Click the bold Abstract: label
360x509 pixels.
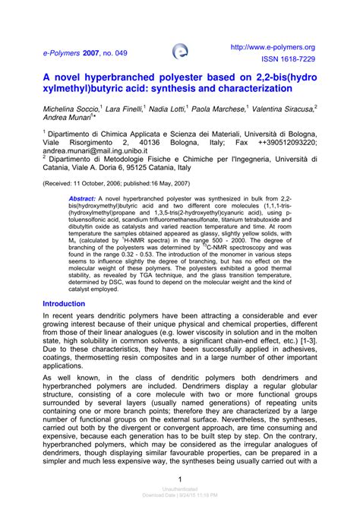point(82,198)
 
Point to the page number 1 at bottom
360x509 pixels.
point(179,479)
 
